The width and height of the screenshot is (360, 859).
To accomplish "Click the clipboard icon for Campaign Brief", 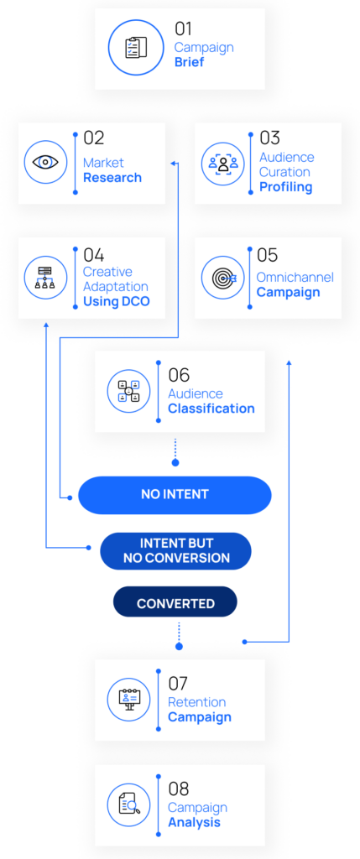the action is tap(136, 48).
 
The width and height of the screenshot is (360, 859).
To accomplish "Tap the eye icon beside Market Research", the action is tap(45, 163).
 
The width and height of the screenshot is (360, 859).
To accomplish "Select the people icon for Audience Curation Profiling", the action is tap(223, 164).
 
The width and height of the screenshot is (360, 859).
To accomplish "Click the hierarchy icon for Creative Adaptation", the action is tap(45, 277).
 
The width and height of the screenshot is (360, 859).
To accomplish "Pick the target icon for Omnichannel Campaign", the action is tap(223, 278).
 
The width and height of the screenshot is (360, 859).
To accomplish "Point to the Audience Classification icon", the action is tap(128, 391).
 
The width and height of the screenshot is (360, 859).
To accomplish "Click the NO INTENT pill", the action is tap(175, 495).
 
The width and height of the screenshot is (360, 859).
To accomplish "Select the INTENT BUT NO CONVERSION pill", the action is tap(175, 550).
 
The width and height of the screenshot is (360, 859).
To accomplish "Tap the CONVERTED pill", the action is tap(175, 604).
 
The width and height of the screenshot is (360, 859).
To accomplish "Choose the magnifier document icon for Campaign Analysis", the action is tap(128, 804).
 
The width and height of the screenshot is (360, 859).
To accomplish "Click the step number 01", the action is tap(184, 29).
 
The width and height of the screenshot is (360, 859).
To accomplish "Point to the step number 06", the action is tap(179, 375).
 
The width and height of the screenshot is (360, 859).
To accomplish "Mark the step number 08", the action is tap(179, 789).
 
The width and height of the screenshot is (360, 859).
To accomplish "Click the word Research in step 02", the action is tap(112, 178).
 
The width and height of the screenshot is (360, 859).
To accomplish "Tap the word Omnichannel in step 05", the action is tap(295, 277).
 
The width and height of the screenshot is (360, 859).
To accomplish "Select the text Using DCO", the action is tap(116, 301).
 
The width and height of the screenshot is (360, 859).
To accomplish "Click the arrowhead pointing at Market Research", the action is tap(174, 163).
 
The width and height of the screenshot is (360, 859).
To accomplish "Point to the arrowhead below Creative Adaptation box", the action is tap(46, 325).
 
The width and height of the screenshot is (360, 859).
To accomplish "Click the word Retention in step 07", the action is tap(196, 702).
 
